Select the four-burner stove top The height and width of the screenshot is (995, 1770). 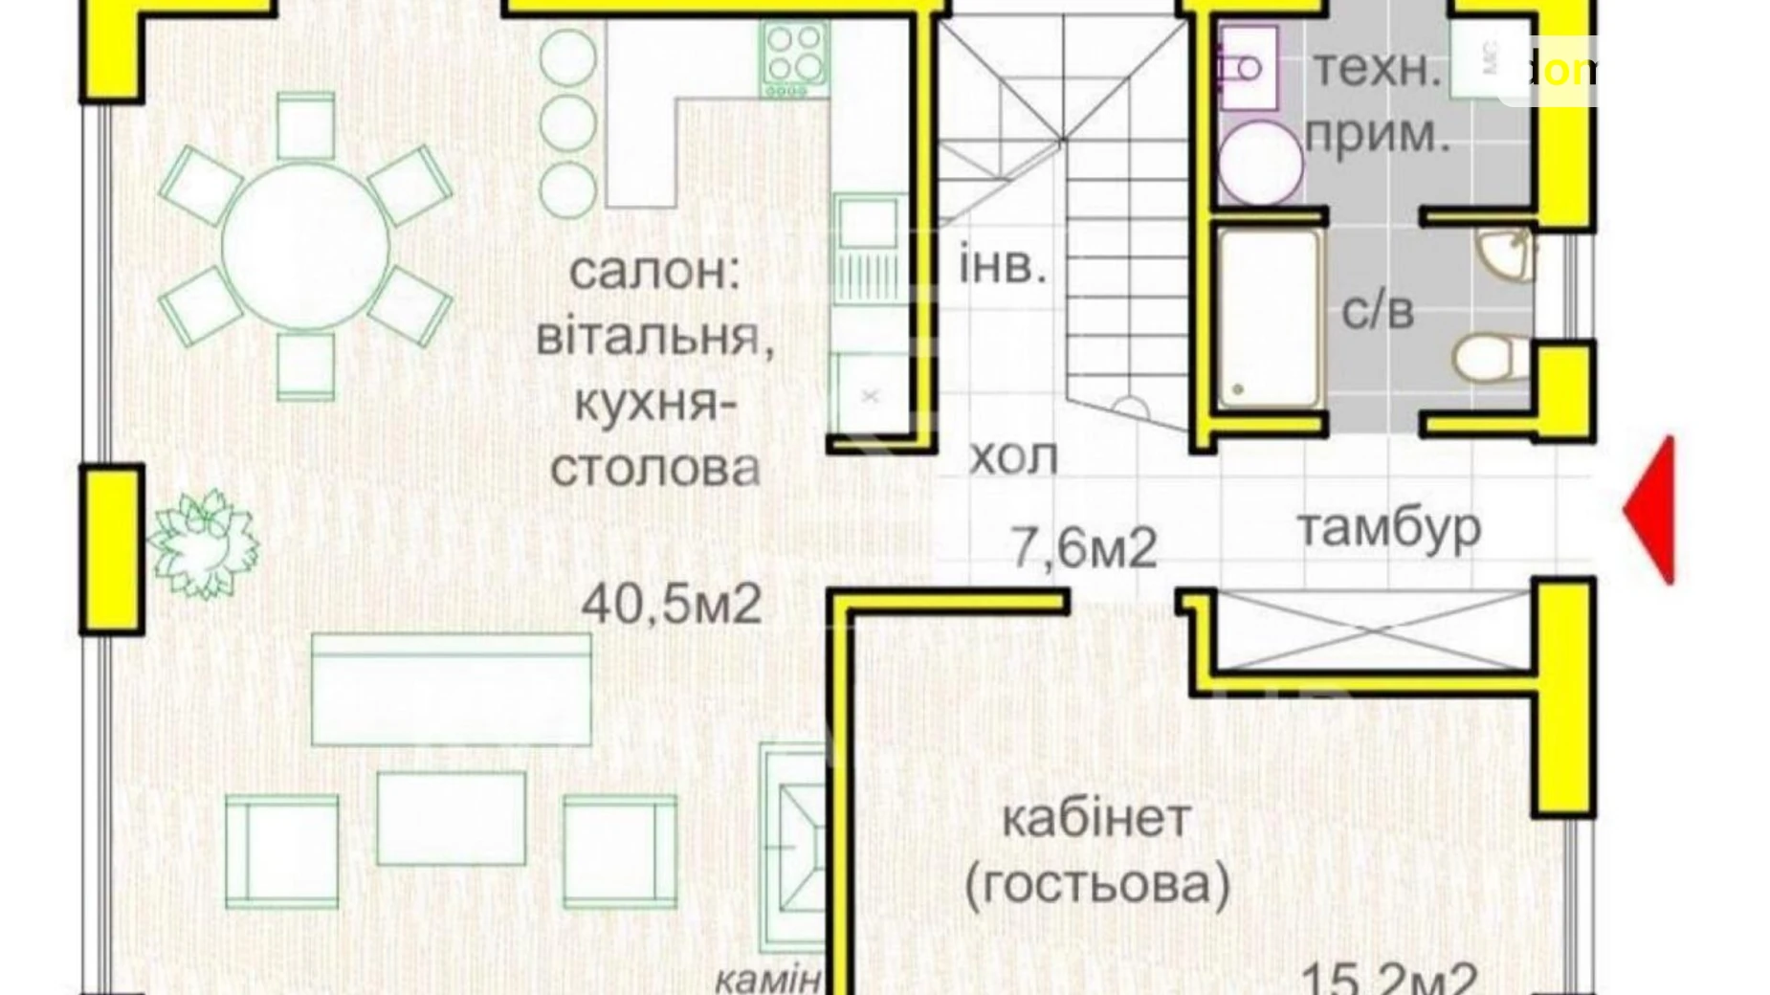pyautogui.click(x=794, y=58)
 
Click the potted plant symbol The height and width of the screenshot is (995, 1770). pyautogui.click(x=203, y=543)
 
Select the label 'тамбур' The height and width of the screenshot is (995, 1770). pyautogui.click(x=1389, y=527)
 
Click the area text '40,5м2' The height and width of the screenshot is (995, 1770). pyautogui.click(x=672, y=604)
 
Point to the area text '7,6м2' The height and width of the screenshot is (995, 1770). pyautogui.click(x=1084, y=548)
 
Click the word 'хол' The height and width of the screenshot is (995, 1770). pyautogui.click(x=1013, y=457)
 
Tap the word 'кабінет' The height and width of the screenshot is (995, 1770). pyautogui.click(x=1096, y=819)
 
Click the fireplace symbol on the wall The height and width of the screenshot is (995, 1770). pyautogui.click(x=792, y=847)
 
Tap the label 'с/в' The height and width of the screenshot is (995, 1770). pyautogui.click(x=1377, y=310)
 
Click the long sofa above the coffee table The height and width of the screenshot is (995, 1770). pyautogui.click(x=451, y=689)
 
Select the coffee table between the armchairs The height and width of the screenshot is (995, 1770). pyautogui.click(x=451, y=818)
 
